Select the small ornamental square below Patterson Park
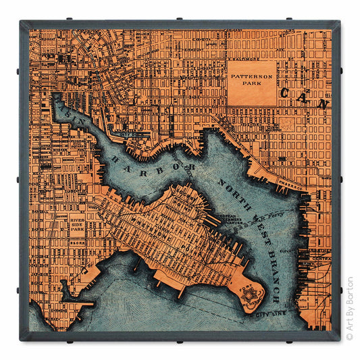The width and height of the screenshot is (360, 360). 287,124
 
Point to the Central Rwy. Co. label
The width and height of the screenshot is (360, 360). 321,258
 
